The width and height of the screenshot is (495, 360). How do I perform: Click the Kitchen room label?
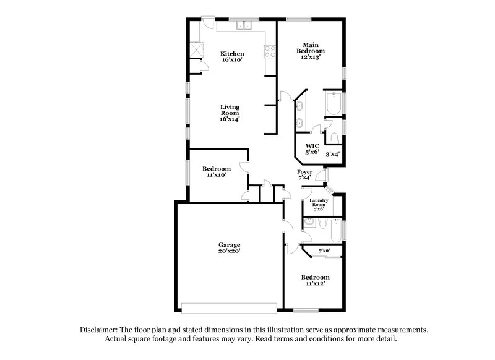click(232, 54)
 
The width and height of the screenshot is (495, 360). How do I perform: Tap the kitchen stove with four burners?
click(270, 52)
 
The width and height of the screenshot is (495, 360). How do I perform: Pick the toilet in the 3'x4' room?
click(332, 136)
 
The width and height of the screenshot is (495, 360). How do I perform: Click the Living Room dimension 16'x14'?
click(230, 119)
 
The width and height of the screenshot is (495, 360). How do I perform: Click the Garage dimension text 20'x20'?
click(228, 251)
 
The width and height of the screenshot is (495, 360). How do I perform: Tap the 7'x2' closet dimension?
click(324, 251)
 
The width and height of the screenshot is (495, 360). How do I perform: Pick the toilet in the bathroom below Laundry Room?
click(309, 225)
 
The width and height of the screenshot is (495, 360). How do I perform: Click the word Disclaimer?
click(99, 330)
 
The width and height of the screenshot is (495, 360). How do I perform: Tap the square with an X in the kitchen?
click(197, 49)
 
